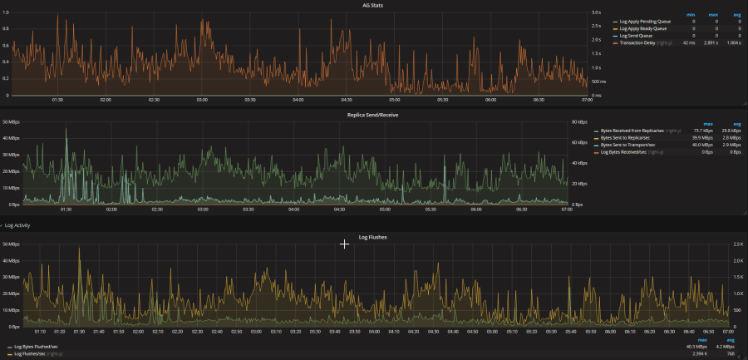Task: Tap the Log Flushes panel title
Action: [373, 237]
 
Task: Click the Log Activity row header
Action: [17, 225]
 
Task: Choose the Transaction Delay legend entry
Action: [637, 42]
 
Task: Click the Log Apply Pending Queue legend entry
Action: [643, 22]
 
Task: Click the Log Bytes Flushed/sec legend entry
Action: [35, 346]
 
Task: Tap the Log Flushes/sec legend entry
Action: [33, 353]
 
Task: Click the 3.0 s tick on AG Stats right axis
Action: [573, 12]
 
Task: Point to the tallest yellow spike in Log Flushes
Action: [80, 249]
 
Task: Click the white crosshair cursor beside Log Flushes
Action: [345, 244]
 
